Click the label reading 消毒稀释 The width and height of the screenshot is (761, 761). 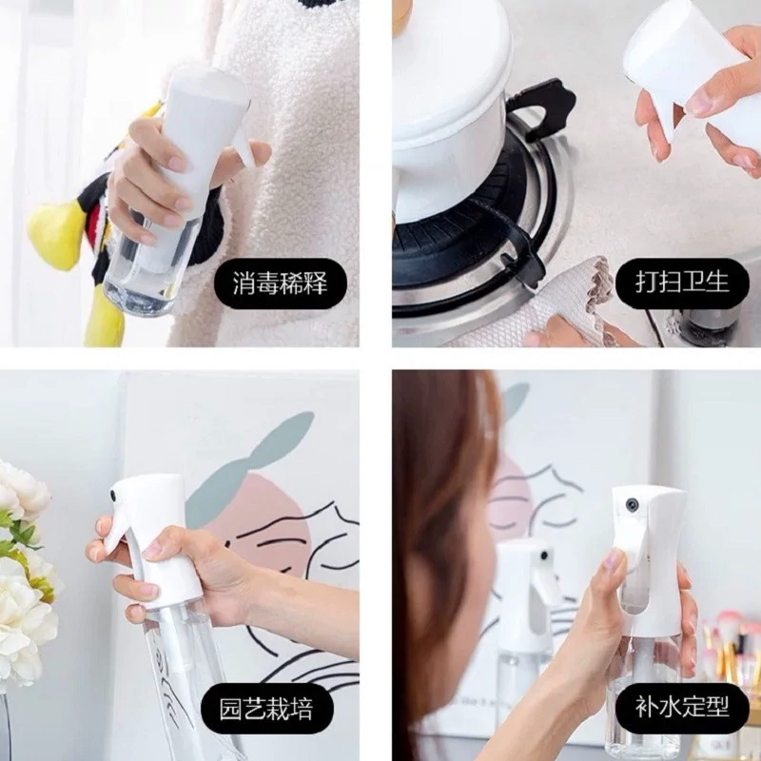point(281,283)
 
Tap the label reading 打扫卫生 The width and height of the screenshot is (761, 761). point(682,283)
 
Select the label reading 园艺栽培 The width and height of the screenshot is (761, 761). point(267,709)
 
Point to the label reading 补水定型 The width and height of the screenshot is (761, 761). point(682,707)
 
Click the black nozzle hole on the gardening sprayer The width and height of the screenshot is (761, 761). point(113,495)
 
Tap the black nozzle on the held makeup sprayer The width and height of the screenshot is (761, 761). point(631,504)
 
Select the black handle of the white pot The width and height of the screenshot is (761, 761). point(541,109)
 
